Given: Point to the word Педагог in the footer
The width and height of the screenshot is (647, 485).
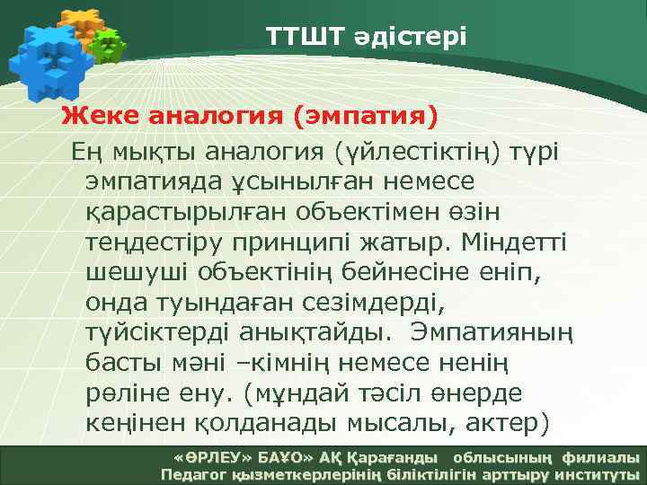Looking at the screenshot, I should point(191,474).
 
